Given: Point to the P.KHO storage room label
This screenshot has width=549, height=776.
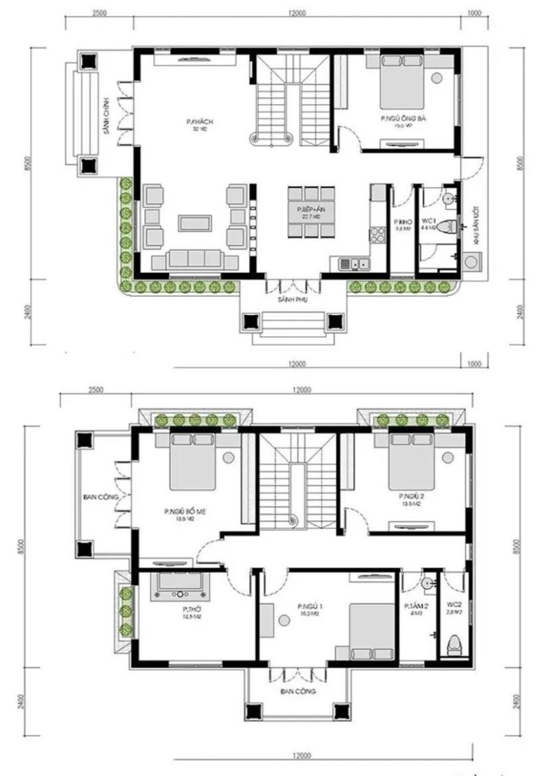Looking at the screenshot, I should coord(401,222).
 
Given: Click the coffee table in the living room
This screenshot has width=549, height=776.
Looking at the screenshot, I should coord(195,222).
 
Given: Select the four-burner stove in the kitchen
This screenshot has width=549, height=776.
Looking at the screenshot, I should coord(378,235).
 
